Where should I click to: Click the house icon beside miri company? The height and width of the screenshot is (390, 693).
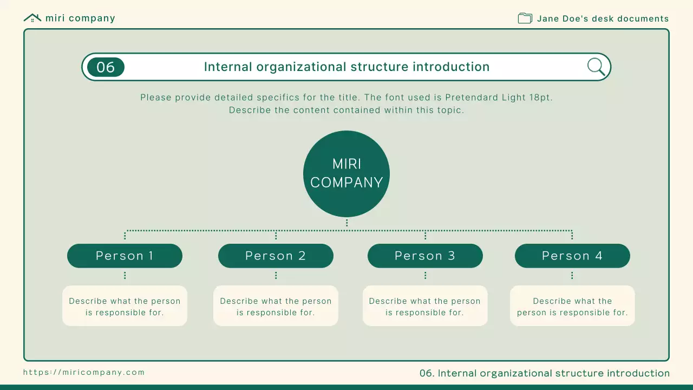pyautogui.click(x=32, y=18)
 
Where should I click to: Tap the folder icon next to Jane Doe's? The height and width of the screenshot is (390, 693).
pyautogui.click(x=525, y=18)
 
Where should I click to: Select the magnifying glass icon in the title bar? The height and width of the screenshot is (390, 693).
pyautogui.click(x=596, y=67)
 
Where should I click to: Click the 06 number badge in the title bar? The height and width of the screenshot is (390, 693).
pyautogui.click(x=106, y=67)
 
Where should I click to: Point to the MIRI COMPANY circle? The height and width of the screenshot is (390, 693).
pyautogui.click(x=346, y=174)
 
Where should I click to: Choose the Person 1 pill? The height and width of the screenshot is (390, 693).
pyautogui.click(x=125, y=256)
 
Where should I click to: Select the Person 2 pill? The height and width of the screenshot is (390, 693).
pyautogui.click(x=276, y=256)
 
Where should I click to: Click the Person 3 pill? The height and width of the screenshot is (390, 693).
pyautogui.click(x=425, y=256)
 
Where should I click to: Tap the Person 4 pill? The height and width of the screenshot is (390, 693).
pyautogui.click(x=572, y=256)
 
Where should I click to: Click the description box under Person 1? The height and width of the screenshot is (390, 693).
pyautogui.click(x=125, y=306)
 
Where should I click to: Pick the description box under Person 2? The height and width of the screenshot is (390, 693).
pyautogui.click(x=276, y=306)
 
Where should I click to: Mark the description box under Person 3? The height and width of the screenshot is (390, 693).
pyautogui.click(x=425, y=306)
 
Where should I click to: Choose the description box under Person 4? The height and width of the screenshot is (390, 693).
pyautogui.click(x=572, y=306)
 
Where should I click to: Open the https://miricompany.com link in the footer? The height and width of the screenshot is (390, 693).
pyautogui.click(x=84, y=372)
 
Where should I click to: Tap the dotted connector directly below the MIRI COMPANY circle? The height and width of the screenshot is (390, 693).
pyautogui.click(x=347, y=223)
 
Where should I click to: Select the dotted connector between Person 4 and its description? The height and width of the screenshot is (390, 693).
pyautogui.click(x=572, y=276)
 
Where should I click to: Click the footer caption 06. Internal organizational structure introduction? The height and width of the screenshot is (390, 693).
pyautogui.click(x=545, y=373)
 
